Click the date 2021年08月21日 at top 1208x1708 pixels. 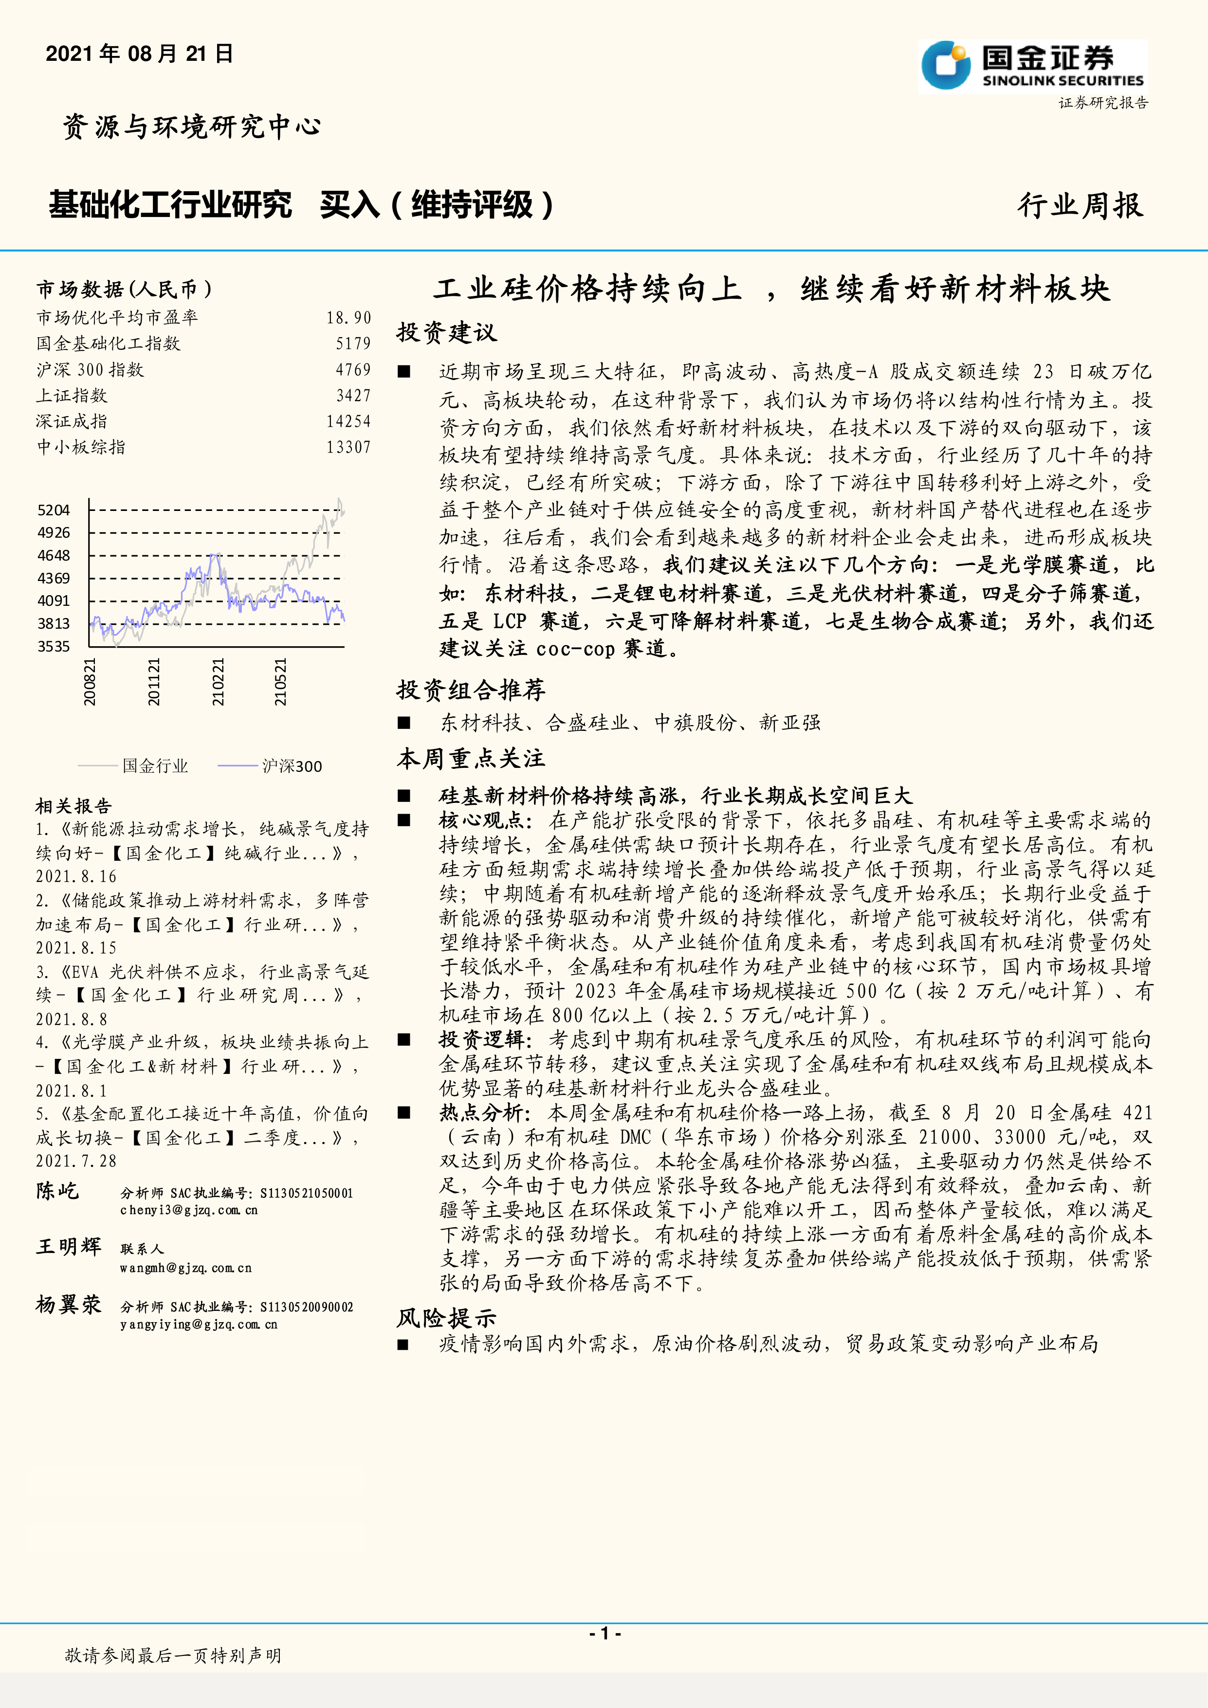(139, 54)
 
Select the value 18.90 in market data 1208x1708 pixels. (348, 318)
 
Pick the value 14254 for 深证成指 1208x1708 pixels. (348, 421)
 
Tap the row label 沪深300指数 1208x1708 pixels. (90, 370)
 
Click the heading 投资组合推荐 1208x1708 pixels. (471, 690)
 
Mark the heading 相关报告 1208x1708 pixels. (73, 806)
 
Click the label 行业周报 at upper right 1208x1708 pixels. (1080, 205)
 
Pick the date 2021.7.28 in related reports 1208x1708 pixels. (76, 1161)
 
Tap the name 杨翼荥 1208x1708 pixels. (69, 1304)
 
